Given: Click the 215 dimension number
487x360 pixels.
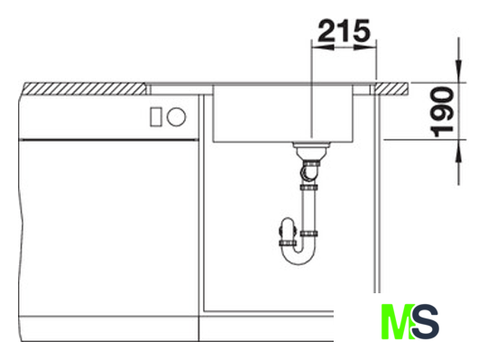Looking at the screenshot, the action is click(x=345, y=31).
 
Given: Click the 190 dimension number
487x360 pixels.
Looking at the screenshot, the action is click(x=442, y=112).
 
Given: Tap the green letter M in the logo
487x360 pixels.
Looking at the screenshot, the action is click(x=397, y=321).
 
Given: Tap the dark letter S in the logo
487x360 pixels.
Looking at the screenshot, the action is click(x=426, y=321).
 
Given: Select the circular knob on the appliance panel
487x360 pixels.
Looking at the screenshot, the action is click(x=176, y=116).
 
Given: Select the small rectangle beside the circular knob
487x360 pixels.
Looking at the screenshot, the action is click(x=156, y=116).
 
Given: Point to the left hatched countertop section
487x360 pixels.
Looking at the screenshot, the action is click(x=85, y=88).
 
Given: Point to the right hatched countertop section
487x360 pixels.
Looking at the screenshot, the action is click(x=391, y=88).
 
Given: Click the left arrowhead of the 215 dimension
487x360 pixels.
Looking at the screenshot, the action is click(x=322, y=48).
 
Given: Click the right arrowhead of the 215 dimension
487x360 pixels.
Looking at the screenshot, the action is click(x=365, y=48).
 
